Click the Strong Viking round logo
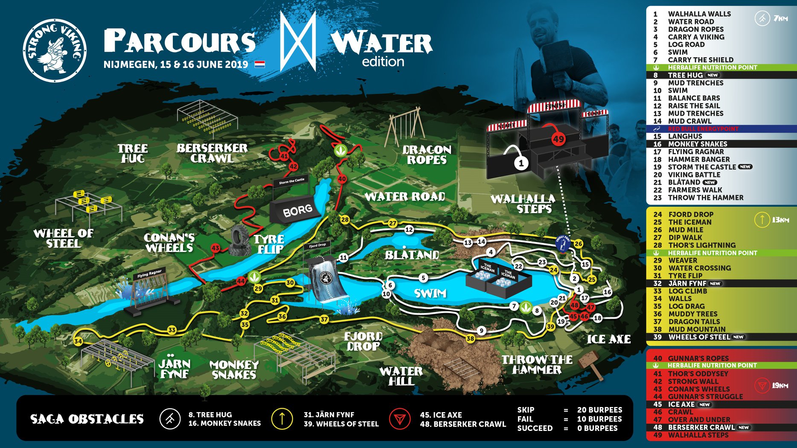(55, 50)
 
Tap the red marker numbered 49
(558, 139)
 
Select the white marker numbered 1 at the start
(521, 163)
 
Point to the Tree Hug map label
(133, 153)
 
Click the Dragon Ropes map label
(427, 155)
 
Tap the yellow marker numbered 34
(78, 341)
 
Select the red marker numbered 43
(215, 248)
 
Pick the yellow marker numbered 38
(470, 338)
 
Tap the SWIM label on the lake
(430, 293)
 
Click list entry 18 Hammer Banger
(698, 159)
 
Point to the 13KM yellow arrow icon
(762, 220)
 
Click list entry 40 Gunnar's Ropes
(698, 358)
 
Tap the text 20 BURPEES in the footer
(599, 410)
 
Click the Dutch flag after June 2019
(260, 64)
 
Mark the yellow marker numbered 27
(393, 223)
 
